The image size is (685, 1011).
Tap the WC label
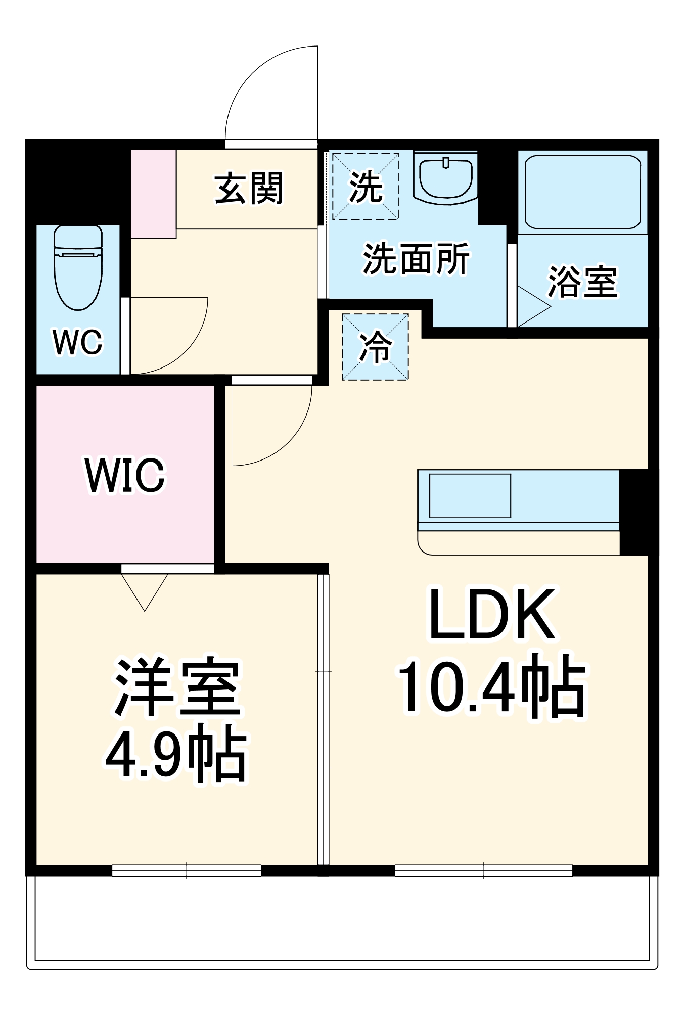pyautogui.click(x=77, y=342)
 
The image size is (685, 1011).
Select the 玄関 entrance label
pyautogui.click(x=249, y=189)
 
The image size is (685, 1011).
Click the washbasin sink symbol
pyautogui.click(x=445, y=179)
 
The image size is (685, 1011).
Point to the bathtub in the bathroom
pyautogui.click(x=582, y=192)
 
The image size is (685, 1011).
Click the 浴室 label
pyautogui.click(x=582, y=282)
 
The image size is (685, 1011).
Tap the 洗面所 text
pyautogui.click(x=416, y=259)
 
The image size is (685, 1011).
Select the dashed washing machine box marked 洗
pyautogui.click(x=366, y=187)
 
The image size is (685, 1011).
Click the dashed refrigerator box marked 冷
pyautogui.click(x=375, y=347)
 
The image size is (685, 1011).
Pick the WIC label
pyautogui.click(x=125, y=475)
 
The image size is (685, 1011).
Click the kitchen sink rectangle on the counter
pyautogui.click(x=470, y=495)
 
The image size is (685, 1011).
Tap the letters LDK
pyautogui.click(x=492, y=615)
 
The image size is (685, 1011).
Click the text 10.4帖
pyautogui.click(x=492, y=686)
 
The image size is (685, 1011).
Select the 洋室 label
pyautogui.click(x=177, y=687)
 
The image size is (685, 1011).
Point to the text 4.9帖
pyautogui.click(x=177, y=753)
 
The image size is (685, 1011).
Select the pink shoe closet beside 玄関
pyautogui.click(x=153, y=194)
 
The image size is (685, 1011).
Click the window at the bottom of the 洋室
pyautogui.click(x=186, y=870)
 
